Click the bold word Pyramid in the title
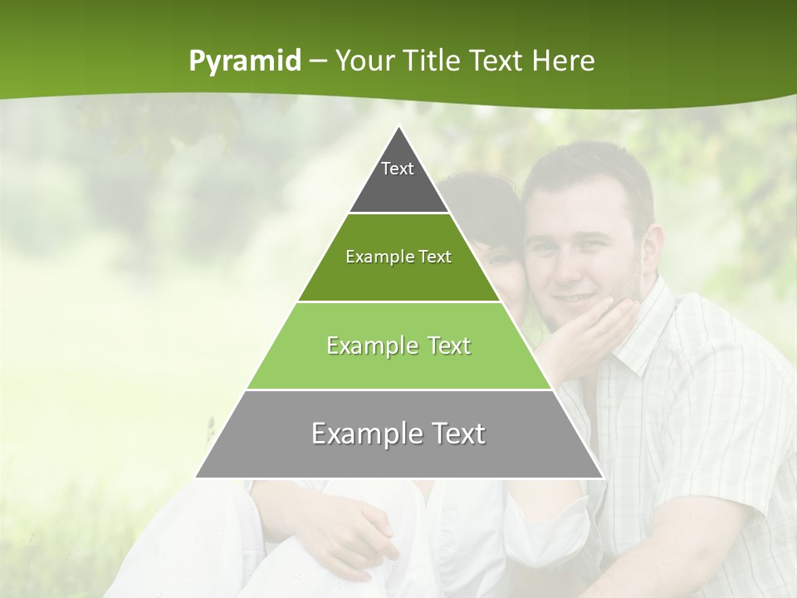point(245,61)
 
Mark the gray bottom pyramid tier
point(398,453)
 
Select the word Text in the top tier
point(398,169)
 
